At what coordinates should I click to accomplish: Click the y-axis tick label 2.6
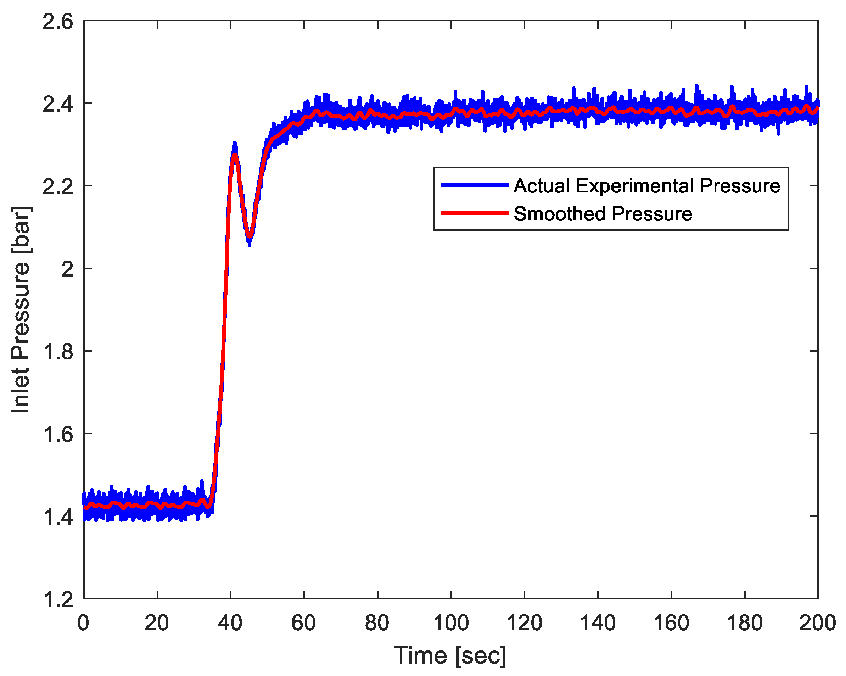[x=58, y=22]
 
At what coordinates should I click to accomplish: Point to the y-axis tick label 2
[x=67, y=270]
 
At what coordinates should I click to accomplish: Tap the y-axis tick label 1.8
[x=58, y=352]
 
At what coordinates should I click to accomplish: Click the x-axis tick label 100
[x=451, y=623]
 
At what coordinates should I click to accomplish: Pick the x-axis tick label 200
[x=817, y=623]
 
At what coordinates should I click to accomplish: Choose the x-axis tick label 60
[x=304, y=623]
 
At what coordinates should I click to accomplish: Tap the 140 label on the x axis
[x=598, y=623]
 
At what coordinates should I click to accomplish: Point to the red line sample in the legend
[x=475, y=213]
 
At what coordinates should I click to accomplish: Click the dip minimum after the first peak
[x=249, y=238]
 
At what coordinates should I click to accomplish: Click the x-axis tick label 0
[x=83, y=623]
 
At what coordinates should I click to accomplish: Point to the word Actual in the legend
[x=542, y=186]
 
